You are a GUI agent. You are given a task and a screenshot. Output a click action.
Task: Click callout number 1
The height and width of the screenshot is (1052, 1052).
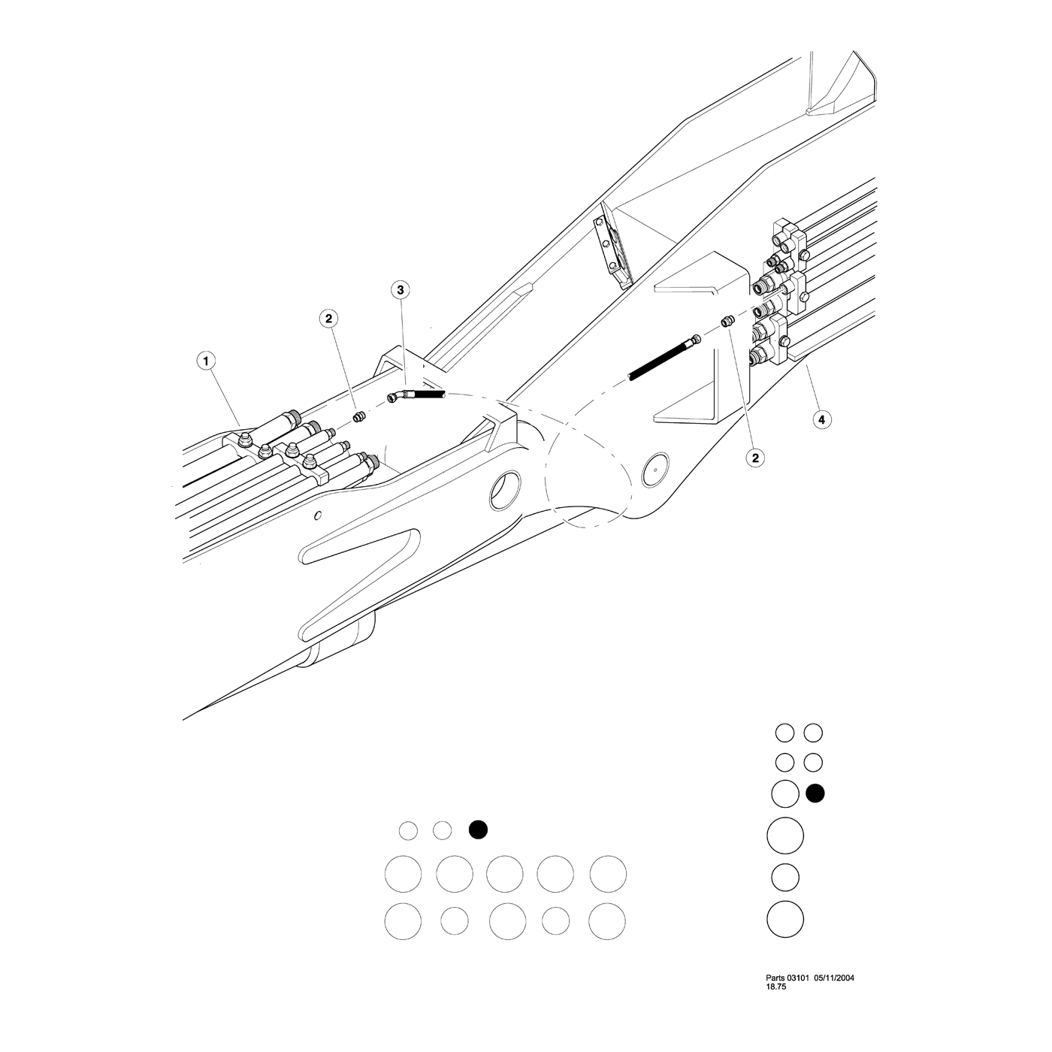(206, 361)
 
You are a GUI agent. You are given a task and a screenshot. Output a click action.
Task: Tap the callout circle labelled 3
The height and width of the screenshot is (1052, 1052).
(401, 290)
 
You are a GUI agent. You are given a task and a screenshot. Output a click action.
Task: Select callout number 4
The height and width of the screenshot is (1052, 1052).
(822, 419)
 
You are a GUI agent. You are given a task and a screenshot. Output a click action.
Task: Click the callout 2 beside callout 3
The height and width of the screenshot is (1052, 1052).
(328, 319)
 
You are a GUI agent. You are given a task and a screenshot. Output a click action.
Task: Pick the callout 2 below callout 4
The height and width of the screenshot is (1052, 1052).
(756, 458)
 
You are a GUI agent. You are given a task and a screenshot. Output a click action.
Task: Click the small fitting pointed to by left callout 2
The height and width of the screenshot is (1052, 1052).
(358, 417)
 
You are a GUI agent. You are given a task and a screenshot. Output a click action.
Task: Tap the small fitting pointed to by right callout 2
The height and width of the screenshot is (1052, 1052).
(727, 322)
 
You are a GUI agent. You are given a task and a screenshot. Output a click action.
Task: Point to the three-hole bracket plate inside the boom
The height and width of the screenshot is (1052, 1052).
(612, 250)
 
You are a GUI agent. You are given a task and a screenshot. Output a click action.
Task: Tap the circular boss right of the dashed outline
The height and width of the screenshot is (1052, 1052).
(656, 469)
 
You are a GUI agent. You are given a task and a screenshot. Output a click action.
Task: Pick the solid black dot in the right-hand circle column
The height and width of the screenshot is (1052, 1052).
(815, 794)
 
